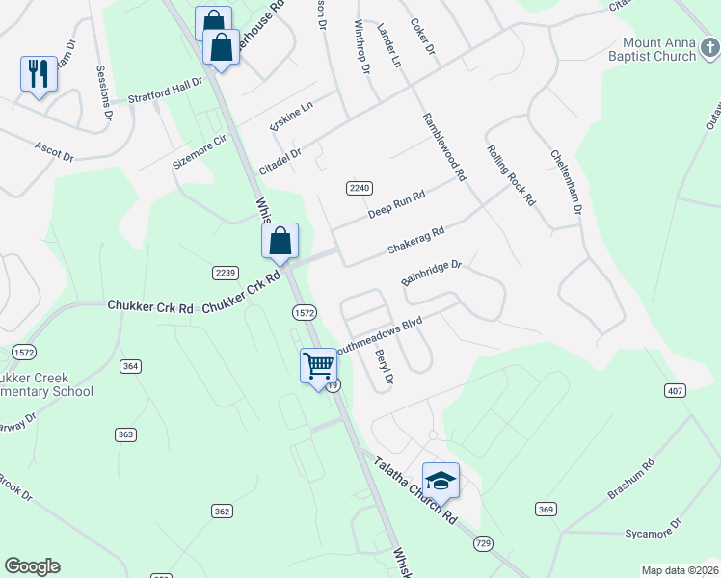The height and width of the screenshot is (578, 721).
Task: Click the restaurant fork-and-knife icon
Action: tap(39, 73)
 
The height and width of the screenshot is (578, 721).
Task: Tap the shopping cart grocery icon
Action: tap(318, 366)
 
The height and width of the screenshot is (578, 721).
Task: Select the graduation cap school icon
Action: tap(441, 480)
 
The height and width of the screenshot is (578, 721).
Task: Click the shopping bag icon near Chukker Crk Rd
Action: tap(280, 241)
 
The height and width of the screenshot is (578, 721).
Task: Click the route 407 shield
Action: tap(675, 390)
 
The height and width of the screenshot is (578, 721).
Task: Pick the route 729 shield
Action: tap(483, 544)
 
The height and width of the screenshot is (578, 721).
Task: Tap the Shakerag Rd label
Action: tap(415, 241)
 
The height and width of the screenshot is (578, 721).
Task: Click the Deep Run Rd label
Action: tap(395, 202)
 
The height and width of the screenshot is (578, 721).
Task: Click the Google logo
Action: tap(32, 566)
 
